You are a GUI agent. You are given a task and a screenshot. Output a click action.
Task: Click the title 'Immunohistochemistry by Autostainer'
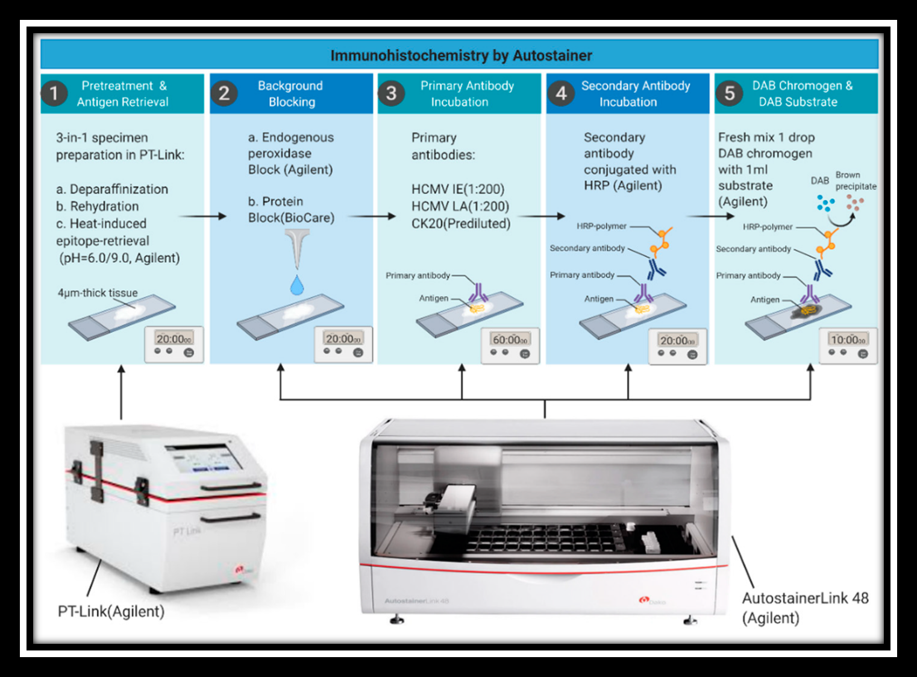coord(461,55)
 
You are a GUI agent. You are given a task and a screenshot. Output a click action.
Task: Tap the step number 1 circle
coord(54,93)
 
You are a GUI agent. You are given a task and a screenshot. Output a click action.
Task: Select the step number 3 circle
coord(391,93)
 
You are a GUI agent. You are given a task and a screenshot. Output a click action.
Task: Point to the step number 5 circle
coord(729,93)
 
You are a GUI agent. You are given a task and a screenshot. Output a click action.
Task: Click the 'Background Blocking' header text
coord(291,93)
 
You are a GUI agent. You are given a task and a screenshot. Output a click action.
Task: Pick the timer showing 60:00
coord(510,345)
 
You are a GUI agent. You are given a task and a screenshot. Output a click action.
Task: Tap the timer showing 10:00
coord(848,345)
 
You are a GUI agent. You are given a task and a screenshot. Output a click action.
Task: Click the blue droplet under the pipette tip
coord(297,285)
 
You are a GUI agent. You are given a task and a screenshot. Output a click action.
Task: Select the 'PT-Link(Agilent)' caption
coord(111,611)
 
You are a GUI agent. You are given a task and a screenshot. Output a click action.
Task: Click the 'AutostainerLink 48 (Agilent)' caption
coord(804,608)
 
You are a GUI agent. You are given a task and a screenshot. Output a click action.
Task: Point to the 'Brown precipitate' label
coord(855,180)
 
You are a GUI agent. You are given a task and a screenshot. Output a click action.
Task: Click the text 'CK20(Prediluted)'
coord(461,224)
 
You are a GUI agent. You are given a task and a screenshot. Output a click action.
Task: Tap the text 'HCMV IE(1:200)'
coord(458,189)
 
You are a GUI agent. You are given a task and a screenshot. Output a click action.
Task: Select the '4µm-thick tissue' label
coord(98,293)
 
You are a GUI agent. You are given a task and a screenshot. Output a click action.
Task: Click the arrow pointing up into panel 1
coord(121,392)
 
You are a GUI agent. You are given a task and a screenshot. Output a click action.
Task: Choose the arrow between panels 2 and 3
coord(372,216)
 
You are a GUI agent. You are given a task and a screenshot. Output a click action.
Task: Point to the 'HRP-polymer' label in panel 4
coord(601,226)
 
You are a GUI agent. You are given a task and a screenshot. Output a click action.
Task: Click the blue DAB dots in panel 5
coord(825,203)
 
